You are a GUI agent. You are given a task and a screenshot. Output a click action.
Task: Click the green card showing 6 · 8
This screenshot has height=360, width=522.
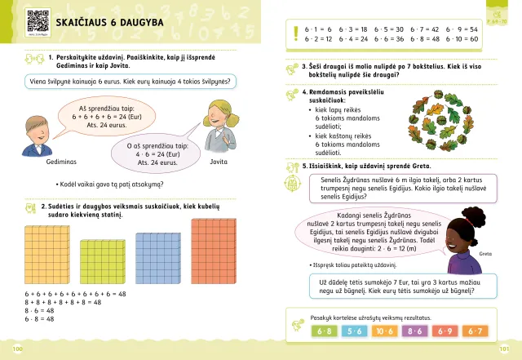323,331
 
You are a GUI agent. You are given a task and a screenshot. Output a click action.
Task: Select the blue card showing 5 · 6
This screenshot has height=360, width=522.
355,331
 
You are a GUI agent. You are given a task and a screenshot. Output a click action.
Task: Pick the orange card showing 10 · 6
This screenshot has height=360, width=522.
385,331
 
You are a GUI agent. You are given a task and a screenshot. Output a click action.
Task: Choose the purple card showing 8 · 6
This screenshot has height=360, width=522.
415,331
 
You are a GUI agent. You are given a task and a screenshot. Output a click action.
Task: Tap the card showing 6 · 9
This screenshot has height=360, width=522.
445,331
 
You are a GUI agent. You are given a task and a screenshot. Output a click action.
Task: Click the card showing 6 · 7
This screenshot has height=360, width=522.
476,331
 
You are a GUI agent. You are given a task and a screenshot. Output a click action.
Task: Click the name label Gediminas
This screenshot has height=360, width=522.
47,162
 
